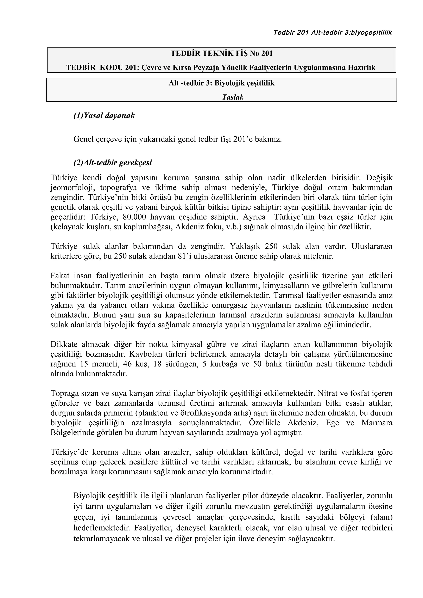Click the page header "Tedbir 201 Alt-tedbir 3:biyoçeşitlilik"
pos(333,33)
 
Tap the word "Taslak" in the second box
pos(233,97)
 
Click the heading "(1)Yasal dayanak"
pos(104,115)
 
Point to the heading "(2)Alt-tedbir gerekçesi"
pos(112,163)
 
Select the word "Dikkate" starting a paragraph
pos(64,345)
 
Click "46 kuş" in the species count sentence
pos(135,364)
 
